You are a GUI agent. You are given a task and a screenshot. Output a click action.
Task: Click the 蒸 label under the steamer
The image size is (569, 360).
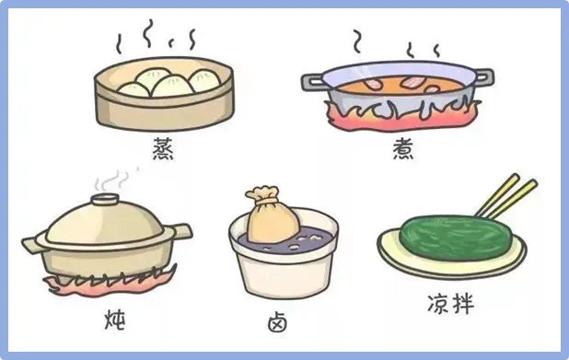tap(163, 149)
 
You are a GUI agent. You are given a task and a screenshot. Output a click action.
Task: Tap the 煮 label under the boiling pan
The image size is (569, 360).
tap(403, 149)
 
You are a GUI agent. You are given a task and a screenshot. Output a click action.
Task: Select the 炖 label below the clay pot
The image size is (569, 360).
tap(115, 319)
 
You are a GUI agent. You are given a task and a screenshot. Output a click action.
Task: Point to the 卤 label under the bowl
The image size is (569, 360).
tap(278, 322)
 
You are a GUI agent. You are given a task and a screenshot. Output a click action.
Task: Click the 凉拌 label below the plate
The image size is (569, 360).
tap(450, 304)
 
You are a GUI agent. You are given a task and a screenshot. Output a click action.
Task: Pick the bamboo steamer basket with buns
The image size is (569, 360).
tap(164, 94)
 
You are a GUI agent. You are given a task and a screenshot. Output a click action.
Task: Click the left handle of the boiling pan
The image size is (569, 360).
tap(313, 82)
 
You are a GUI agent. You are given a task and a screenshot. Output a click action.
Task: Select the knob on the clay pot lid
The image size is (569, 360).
tap(105, 199)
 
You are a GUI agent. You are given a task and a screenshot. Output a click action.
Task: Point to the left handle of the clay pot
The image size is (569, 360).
tap(32, 244)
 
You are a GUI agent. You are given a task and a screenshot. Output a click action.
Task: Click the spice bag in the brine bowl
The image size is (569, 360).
tap(273, 215)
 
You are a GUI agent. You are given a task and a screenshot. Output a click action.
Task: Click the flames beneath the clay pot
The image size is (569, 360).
tap(109, 283)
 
